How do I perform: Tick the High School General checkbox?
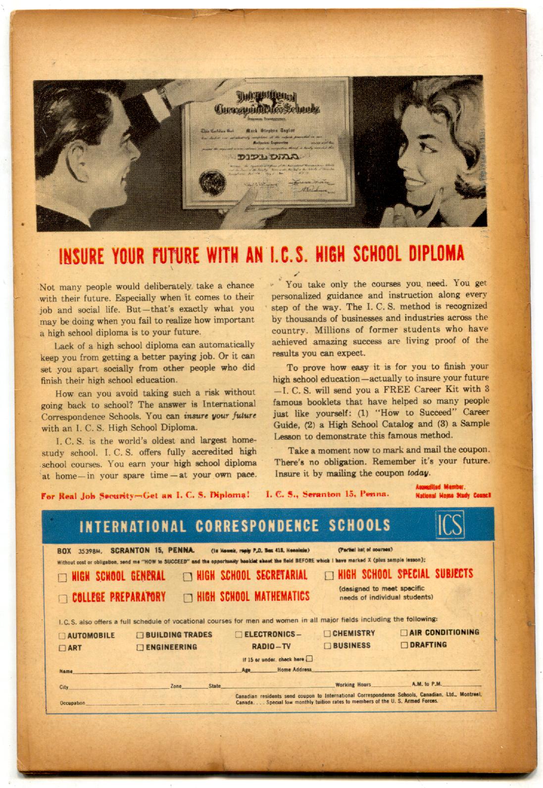pyautogui.click(x=63, y=578)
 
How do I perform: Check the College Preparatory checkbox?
pyautogui.click(x=63, y=599)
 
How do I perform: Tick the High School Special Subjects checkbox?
pyautogui.click(x=329, y=576)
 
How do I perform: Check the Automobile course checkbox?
pyautogui.click(x=62, y=635)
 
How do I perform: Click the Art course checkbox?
pyautogui.click(x=62, y=648)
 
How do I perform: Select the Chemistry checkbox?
pyautogui.click(x=327, y=633)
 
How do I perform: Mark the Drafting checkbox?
pyautogui.click(x=404, y=645)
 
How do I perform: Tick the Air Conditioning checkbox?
pyautogui.click(x=404, y=632)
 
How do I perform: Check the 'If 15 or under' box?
pyautogui.click(x=309, y=659)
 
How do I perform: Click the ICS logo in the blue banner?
pyautogui.click(x=449, y=526)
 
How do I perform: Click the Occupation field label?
pyautogui.click(x=72, y=703)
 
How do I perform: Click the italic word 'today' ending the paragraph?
pyautogui.click(x=416, y=473)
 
